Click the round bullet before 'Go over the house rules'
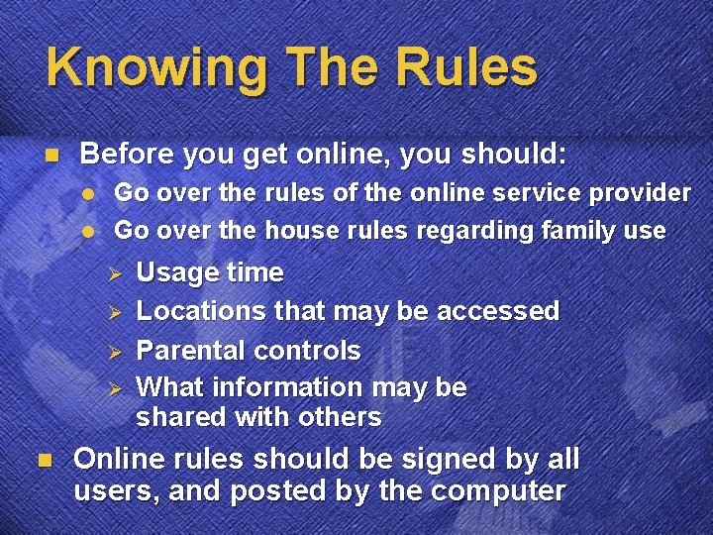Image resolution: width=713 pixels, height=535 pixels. point(87,231)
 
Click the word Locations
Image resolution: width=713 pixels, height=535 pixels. point(201,311)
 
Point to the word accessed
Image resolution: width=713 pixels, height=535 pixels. point(498,311)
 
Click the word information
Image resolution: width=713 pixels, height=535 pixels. point(280,386)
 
